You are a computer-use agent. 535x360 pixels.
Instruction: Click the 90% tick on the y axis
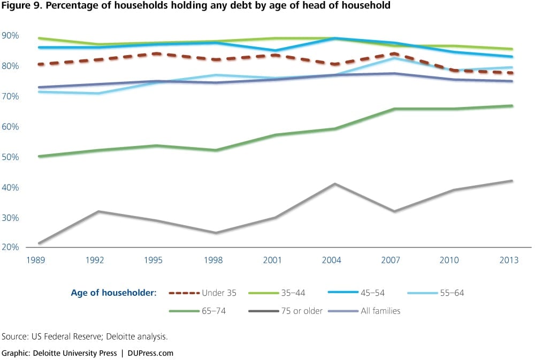coord(10,36)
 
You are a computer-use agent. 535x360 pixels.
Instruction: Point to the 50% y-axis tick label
coord(10,157)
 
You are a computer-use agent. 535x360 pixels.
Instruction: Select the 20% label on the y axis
coord(10,248)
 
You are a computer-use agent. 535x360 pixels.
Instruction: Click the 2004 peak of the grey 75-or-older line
coord(334,184)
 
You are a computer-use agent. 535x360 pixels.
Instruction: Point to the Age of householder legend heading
coord(113,293)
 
